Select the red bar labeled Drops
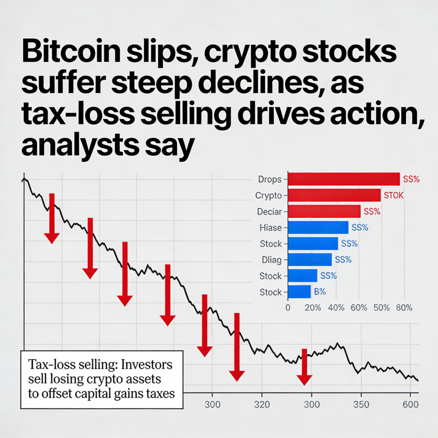[344, 179]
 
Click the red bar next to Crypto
[334, 195]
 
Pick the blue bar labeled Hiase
[318, 228]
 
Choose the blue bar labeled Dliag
[310, 260]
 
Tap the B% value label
[320, 292]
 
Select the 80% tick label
[404, 308]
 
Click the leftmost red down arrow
[52, 218]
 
